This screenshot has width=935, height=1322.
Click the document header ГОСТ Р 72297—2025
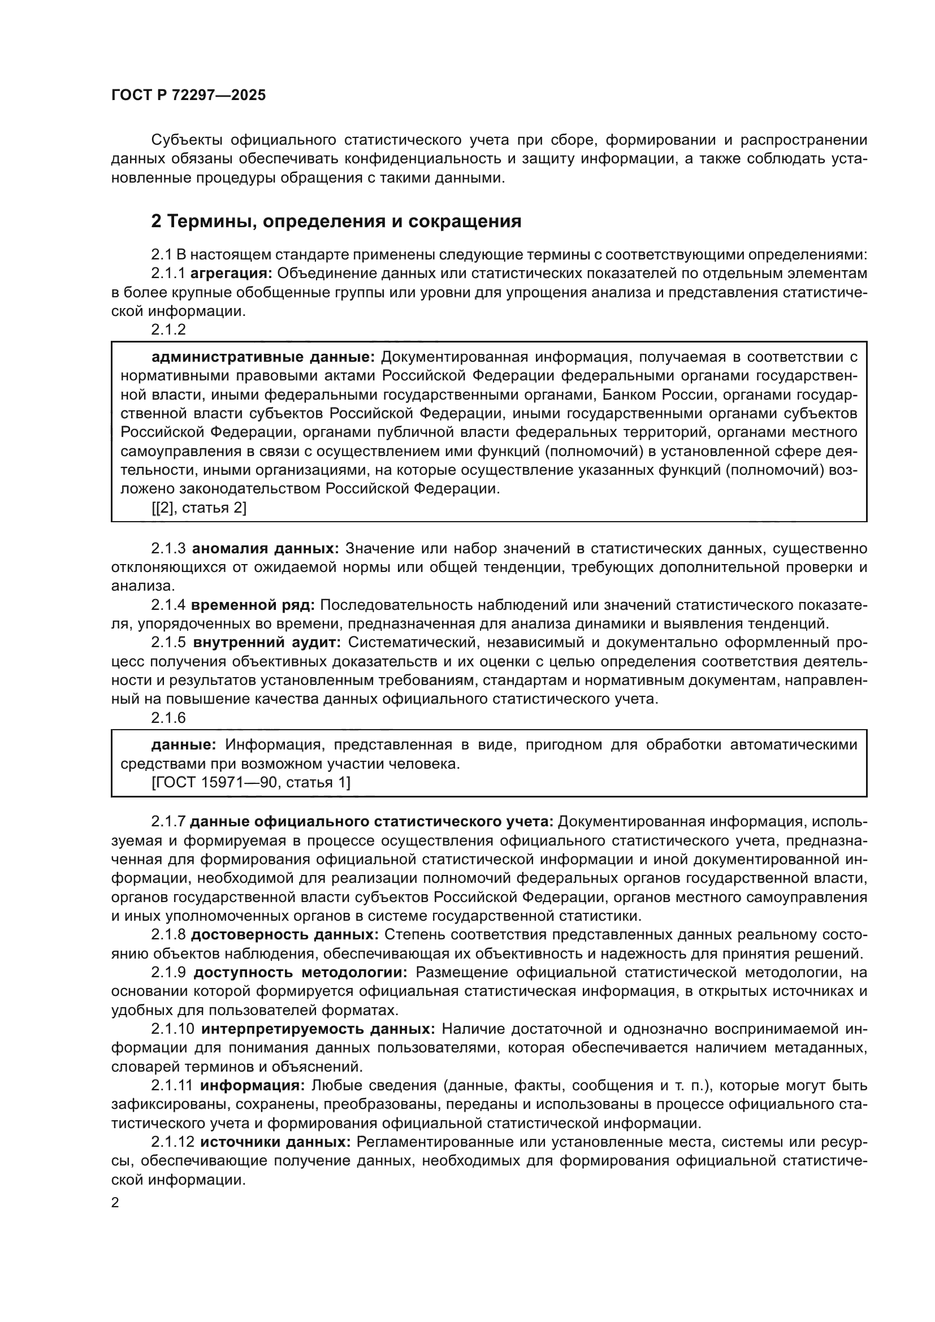pyautogui.click(x=188, y=96)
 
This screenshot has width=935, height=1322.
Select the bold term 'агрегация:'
pyautogui.click(x=231, y=274)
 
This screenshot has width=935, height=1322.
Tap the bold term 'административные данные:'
pyautogui.click(x=262, y=357)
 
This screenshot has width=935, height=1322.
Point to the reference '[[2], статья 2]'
pyautogui.click(x=198, y=508)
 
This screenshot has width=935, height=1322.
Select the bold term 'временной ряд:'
pyautogui.click(x=253, y=605)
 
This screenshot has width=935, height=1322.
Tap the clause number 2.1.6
pyautogui.click(x=168, y=718)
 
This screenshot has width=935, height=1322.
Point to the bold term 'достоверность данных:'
pyautogui.click(x=284, y=935)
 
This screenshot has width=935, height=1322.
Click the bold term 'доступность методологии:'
pyautogui.click(x=301, y=973)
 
